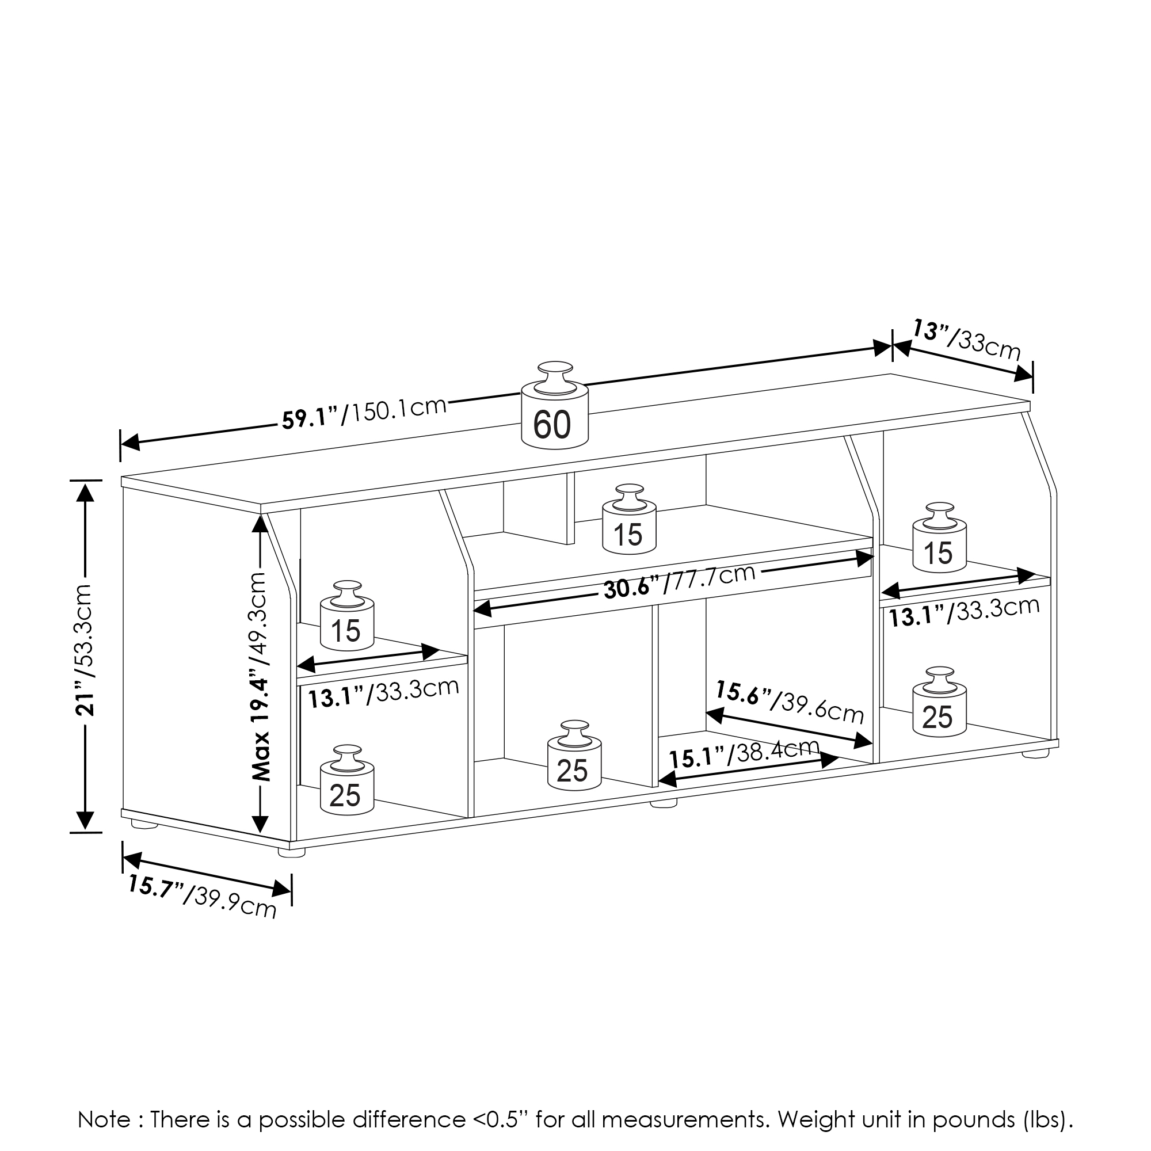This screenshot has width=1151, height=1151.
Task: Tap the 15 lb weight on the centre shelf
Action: point(628,527)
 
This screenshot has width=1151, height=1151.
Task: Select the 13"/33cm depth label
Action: point(966,340)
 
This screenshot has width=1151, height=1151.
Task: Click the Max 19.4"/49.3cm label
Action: point(260,676)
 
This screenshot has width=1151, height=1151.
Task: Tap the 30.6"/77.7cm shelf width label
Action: point(679,582)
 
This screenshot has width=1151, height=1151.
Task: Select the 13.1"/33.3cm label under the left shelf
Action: point(383,693)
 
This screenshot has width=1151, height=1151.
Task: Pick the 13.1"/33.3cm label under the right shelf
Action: point(964,612)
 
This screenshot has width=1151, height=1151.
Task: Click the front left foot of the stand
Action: point(291,852)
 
